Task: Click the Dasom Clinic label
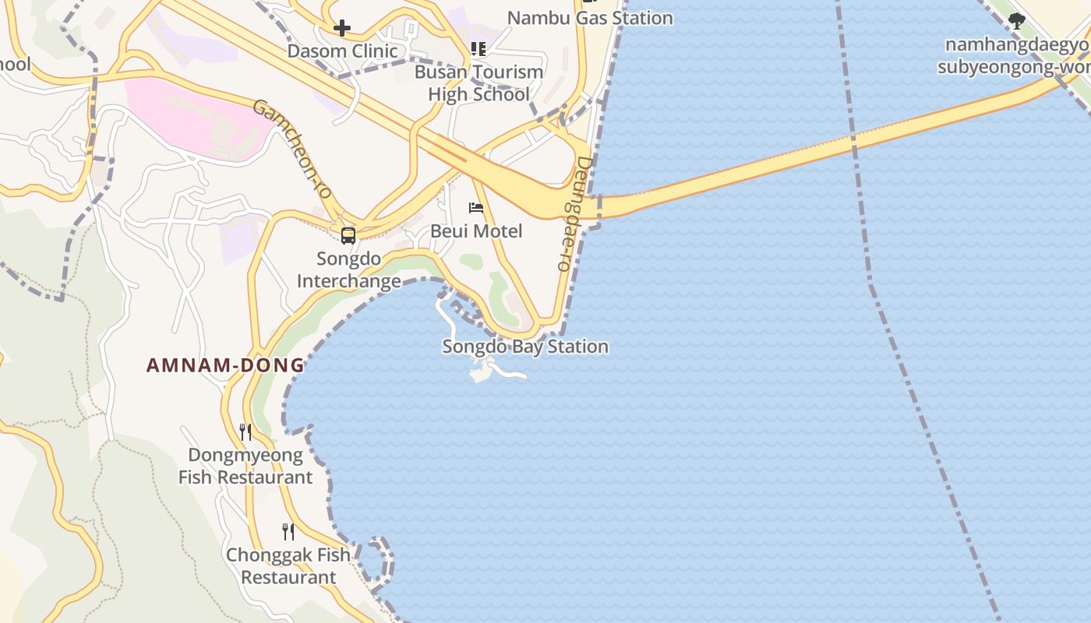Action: (342, 51)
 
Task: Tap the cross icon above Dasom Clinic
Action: (341, 29)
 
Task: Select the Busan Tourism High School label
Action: (478, 83)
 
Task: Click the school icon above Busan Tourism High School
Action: (478, 50)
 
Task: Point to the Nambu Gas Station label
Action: (590, 17)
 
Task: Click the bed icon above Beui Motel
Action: (476, 208)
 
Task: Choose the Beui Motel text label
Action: (476, 231)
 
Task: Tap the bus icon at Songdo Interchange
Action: (348, 235)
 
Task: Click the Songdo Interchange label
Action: (348, 269)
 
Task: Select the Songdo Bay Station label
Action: (525, 347)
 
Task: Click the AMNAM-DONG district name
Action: (225, 365)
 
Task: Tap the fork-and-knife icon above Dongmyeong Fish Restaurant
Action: (245, 432)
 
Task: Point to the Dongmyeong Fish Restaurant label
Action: (245, 466)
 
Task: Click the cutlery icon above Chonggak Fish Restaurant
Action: (288, 532)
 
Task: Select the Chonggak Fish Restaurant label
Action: (288, 566)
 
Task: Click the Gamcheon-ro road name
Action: (292, 148)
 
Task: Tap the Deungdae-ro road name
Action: (574, 213)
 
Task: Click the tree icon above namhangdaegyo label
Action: (1016, 21)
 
